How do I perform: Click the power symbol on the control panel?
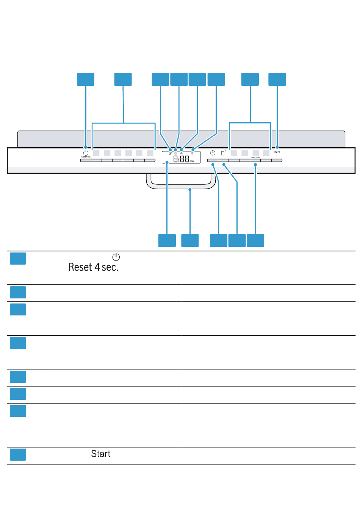86,153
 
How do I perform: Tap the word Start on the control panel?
277,152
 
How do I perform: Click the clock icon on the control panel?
213,153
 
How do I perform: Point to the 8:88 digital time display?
182,159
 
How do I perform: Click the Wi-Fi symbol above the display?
192,153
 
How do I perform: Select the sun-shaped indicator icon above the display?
175,153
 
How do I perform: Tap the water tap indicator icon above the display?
181,153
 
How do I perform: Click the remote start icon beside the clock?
224,153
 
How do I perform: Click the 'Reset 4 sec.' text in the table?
93,267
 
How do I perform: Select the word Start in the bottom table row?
100,454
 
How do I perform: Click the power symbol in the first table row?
116,257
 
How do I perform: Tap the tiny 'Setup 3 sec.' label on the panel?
255,157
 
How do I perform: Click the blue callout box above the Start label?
277,80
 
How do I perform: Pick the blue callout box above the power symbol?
86,80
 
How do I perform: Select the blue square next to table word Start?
18,454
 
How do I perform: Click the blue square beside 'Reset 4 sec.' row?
18,259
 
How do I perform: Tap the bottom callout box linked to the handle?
190,240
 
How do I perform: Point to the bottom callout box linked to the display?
167,240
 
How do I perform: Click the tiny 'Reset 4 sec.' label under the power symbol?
86,157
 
